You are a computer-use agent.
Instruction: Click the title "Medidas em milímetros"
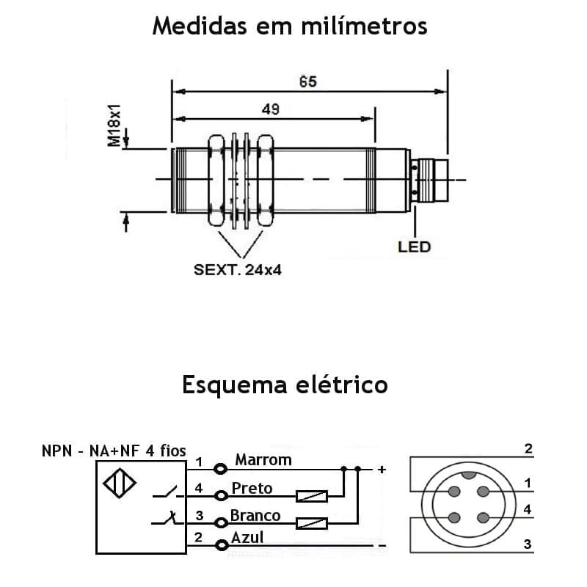coord(289,26)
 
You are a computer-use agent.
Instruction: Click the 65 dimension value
coord(308,81)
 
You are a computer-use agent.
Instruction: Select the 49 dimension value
coord(270,109)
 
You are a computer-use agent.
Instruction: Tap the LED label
coord(414,247)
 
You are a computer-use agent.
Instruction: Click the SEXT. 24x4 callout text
coord(238,270)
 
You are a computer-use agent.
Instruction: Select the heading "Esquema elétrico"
coord(285,384)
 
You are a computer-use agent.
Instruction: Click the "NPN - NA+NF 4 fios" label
coord(114,451)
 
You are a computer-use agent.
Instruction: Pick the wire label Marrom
coord(263,460)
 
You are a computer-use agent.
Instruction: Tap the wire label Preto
coord(252,488)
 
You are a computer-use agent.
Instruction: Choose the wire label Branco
coord(255,515)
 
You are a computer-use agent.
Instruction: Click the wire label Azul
coord(247,538)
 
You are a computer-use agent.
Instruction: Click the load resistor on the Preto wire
coord(311,497)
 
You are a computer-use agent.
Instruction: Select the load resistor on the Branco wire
coord(311,523)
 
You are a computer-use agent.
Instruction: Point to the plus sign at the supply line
coord(381,469)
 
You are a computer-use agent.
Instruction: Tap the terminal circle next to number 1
coord(219,468)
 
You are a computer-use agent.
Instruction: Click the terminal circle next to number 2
coord(219,544)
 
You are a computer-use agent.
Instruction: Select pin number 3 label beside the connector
coord(528,544)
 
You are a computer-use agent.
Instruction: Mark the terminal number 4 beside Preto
coord(199,488)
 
